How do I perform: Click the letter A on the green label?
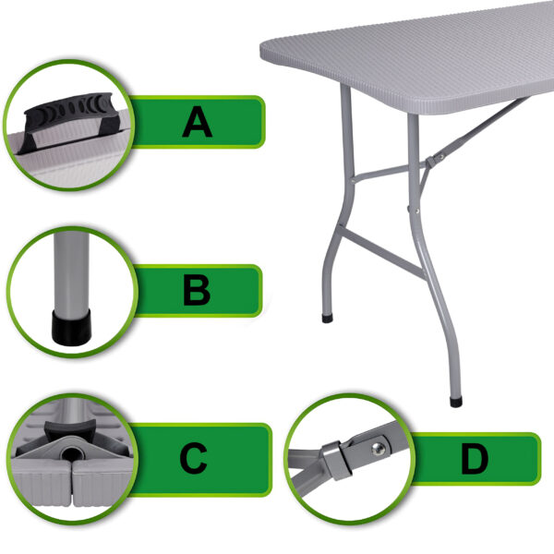[x=198, y=122]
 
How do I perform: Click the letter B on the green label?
[x=197, y=290]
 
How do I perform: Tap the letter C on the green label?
[x=193, y=458]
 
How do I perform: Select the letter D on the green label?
[x=475, y=459]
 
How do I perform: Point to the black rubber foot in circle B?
[x=71, y=327]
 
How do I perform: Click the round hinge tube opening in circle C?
[x=72, y=453]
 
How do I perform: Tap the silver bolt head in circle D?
[x=378, y=449]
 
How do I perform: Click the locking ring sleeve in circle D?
[x=336, y=460]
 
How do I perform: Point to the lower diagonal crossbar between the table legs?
[x=381, y=251]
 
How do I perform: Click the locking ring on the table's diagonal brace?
[x=431, y=162]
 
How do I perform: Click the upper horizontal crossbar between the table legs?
[x=382, y=173]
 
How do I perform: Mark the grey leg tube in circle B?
[x=71, y=271]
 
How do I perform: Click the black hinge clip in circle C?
[x=71, y=428]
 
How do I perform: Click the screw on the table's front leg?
[x=417, y=211]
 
